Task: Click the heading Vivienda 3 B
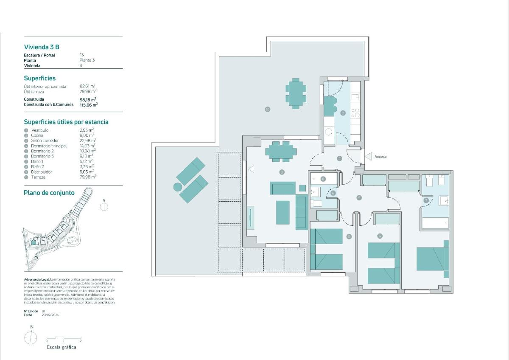[45, 47]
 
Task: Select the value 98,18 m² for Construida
[89, 99]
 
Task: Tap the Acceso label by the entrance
[380, 157]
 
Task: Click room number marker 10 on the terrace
[267, 109]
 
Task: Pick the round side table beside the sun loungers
[178, 186]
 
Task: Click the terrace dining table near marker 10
[296, 93]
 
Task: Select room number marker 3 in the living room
[282, 172]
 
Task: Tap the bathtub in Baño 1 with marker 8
[323, 179]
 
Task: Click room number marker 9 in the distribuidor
[359, 197]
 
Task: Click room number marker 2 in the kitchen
[343, 113]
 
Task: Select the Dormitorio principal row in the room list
[48, 146]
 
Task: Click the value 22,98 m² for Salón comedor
[87, 141]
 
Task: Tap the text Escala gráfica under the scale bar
[61, 347]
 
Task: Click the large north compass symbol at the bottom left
[31, 338]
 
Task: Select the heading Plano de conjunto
[49, 193]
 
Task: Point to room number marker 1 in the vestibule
[339, 158]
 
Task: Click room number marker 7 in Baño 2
[426, 200]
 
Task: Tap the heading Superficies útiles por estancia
[66, 122]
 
